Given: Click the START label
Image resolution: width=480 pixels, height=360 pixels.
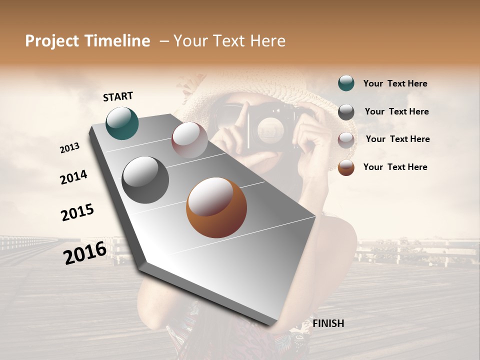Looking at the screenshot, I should pos(118,96).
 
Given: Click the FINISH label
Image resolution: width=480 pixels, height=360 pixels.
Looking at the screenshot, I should pos(328,323).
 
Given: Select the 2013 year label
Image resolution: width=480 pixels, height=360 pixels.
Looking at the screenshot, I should pos(69,148).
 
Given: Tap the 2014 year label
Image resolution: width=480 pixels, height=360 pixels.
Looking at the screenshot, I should pos(73,177).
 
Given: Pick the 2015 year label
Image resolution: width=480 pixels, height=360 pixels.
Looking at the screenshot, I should pos(77,212).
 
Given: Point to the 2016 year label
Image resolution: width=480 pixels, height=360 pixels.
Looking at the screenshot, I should pos(85,252).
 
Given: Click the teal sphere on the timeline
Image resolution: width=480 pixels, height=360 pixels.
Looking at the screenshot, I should pos(122,123).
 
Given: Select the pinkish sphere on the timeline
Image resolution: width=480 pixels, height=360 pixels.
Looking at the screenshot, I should pos(189,140).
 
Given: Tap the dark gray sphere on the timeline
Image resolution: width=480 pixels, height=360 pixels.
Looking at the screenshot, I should pos(145,180).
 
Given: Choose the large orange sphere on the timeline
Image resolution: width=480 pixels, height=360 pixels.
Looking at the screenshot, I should pos(216,207).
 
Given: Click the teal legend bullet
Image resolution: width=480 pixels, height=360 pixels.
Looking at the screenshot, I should pos(346,83).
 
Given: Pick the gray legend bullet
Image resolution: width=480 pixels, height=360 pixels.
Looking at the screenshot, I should pos(346,111).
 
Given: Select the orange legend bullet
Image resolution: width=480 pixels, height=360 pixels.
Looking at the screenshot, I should pos(346,167).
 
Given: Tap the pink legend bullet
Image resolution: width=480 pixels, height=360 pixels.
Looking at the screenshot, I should pos(346,139).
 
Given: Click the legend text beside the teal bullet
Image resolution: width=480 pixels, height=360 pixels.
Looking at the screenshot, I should pos(395,83).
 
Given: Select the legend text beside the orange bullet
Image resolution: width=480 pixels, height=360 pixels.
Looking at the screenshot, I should pos(395,167).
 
